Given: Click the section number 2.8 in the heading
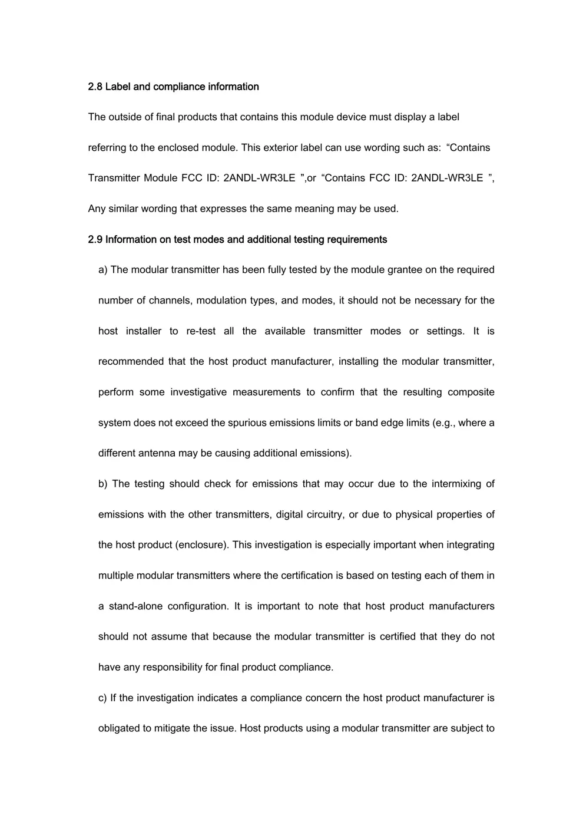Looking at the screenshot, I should click(x=95, y=87).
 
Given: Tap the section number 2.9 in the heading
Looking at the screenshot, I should click(x=95, y=239).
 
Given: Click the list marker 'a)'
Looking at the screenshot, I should click(x=103, y=270).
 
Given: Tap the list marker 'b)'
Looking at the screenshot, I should click(x=103, y=484).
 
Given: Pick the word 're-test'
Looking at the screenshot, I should click(x=201, y=331).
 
